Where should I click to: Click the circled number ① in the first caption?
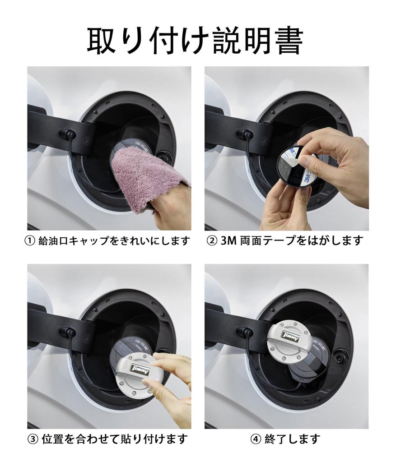(x=30, y=241)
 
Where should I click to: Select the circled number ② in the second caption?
(x=212, y=241)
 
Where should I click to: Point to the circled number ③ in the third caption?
(x=33, y=439)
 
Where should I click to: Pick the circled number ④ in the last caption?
(x=256, y=439)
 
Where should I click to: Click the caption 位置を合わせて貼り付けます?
(x=115, y=439)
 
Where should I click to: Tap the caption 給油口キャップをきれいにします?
(x=114, y=241)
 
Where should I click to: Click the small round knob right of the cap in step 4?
(x=340, y=357)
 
